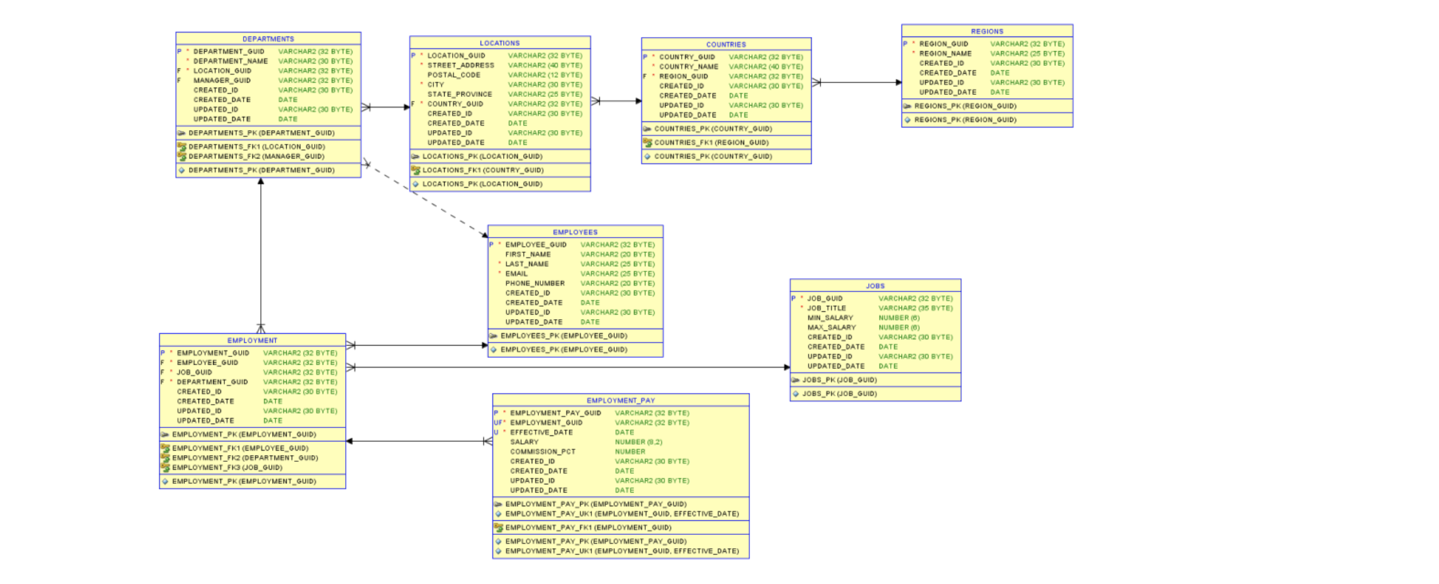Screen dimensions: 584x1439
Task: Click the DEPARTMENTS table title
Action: pos(267,39)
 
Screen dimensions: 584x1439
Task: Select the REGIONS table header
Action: pos(986,31)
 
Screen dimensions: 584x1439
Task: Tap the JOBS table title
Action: pos(875,286)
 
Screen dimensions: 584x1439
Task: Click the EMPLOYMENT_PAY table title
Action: pos(620,401)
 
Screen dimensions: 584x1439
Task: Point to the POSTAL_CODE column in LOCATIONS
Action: pos(453,75)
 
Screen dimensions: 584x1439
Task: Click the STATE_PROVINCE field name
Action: pos(459,94)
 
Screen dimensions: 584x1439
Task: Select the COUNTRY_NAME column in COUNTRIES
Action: pos(688,66)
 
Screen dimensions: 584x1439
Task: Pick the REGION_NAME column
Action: pos(945,54)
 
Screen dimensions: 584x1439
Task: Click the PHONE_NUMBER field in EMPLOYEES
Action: pos(534,283)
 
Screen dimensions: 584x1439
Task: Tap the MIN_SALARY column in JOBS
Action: pos(830,318)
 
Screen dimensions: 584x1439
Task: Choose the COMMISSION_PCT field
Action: pos(542,451)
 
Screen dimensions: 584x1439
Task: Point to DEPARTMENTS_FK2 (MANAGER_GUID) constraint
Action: pos(256,157)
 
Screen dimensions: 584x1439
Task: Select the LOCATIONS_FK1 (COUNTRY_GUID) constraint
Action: pos(483,171)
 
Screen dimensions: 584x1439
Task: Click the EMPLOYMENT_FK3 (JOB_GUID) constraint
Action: pos(226,468)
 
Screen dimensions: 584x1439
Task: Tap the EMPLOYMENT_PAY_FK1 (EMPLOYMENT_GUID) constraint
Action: pos(587,528)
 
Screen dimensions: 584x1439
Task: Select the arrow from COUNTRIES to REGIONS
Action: pos(856,82)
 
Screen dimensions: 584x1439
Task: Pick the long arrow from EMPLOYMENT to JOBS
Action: pos(564,367)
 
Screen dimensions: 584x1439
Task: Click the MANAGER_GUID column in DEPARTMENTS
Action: pos(222,80)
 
